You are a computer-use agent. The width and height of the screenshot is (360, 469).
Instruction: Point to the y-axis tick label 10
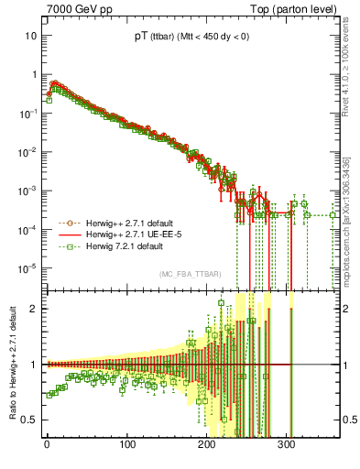30,36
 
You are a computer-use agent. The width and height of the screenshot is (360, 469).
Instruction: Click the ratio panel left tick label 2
34,309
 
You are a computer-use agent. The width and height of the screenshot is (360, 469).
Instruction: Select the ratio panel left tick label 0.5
30,420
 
